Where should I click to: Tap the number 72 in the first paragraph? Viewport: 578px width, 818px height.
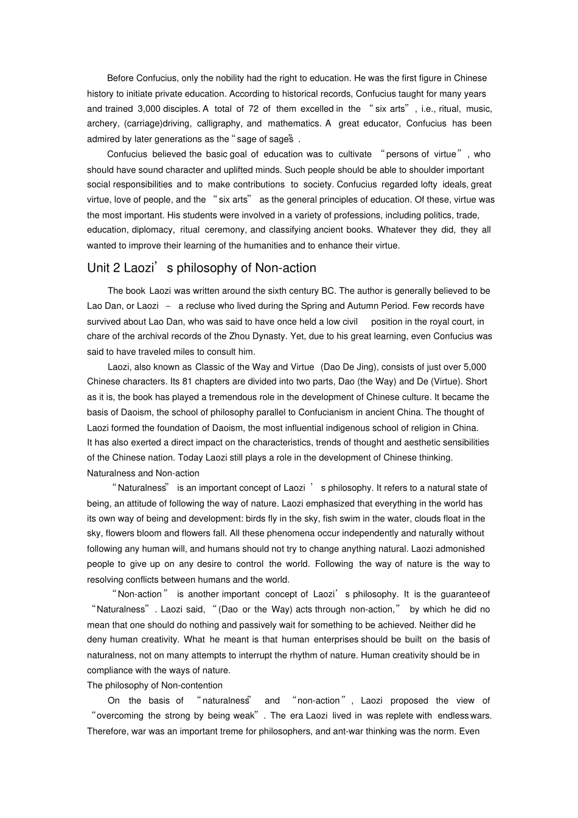pyautogui.click(x=253, y=109)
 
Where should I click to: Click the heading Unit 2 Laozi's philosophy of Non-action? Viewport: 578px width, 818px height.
pyautogui.click(x=201, y=268)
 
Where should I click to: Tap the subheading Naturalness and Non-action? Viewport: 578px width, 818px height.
pyautogui.click(x=143, y=473)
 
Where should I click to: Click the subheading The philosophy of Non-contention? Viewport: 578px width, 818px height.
pyautogui.click(x=155, y=685)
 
